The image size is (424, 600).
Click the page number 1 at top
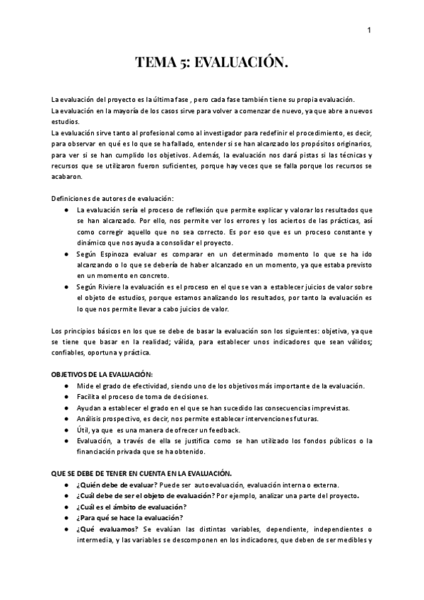tap(369, 30)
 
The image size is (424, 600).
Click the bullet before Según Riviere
tap(65, 287)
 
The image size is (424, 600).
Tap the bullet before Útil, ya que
tap(65, 430)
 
